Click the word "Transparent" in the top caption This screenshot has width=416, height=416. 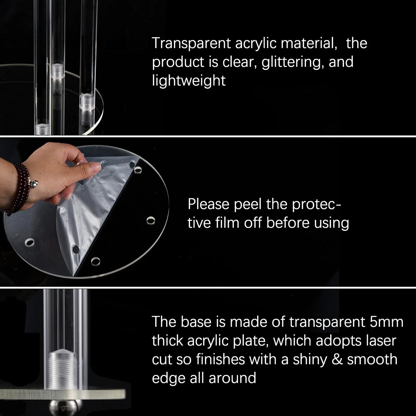pos(191,43)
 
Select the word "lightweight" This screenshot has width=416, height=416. pos(189,81)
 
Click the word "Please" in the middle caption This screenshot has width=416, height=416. pos(208,204)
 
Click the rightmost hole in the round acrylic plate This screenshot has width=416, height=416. pos(151,221)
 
